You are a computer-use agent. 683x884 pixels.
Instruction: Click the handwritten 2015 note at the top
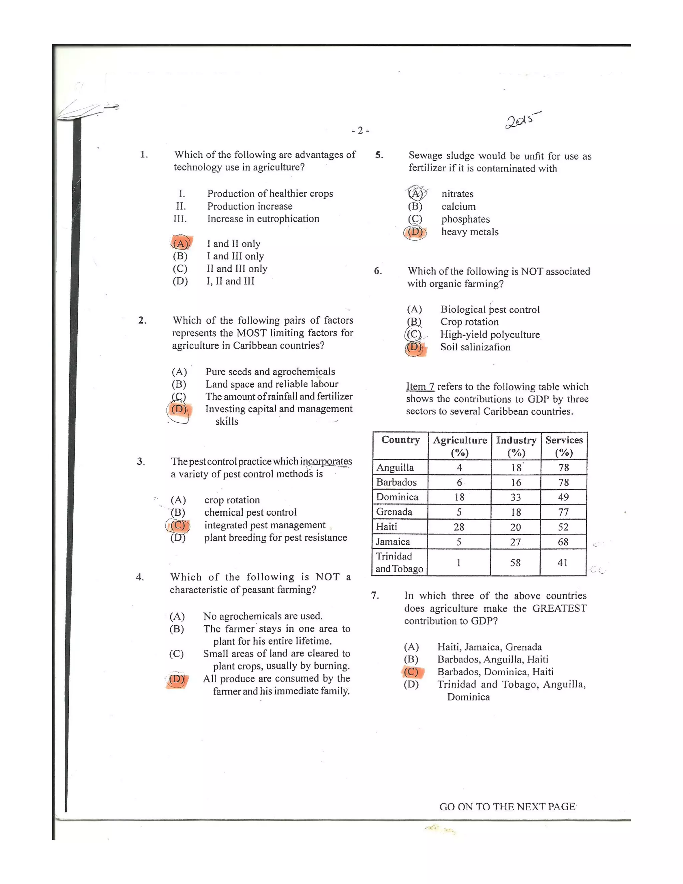522,120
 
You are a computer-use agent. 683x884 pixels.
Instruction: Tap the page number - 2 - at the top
360,130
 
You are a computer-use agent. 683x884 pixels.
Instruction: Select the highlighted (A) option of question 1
181,243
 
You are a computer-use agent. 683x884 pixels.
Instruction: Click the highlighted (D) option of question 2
179,409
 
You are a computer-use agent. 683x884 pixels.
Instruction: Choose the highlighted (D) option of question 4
176,679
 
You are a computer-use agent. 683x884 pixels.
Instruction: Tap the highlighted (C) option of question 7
412,672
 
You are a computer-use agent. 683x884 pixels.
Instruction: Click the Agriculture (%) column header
460,446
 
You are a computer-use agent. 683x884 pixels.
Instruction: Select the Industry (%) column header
516,446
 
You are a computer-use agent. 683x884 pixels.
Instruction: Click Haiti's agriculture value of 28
459,527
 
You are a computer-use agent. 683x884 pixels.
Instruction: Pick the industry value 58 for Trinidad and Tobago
515,562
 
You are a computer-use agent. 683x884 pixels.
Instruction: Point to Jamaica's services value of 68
563,541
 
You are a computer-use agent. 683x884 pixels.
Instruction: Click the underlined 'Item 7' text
420,387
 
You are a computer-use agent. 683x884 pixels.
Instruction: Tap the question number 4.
140,577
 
